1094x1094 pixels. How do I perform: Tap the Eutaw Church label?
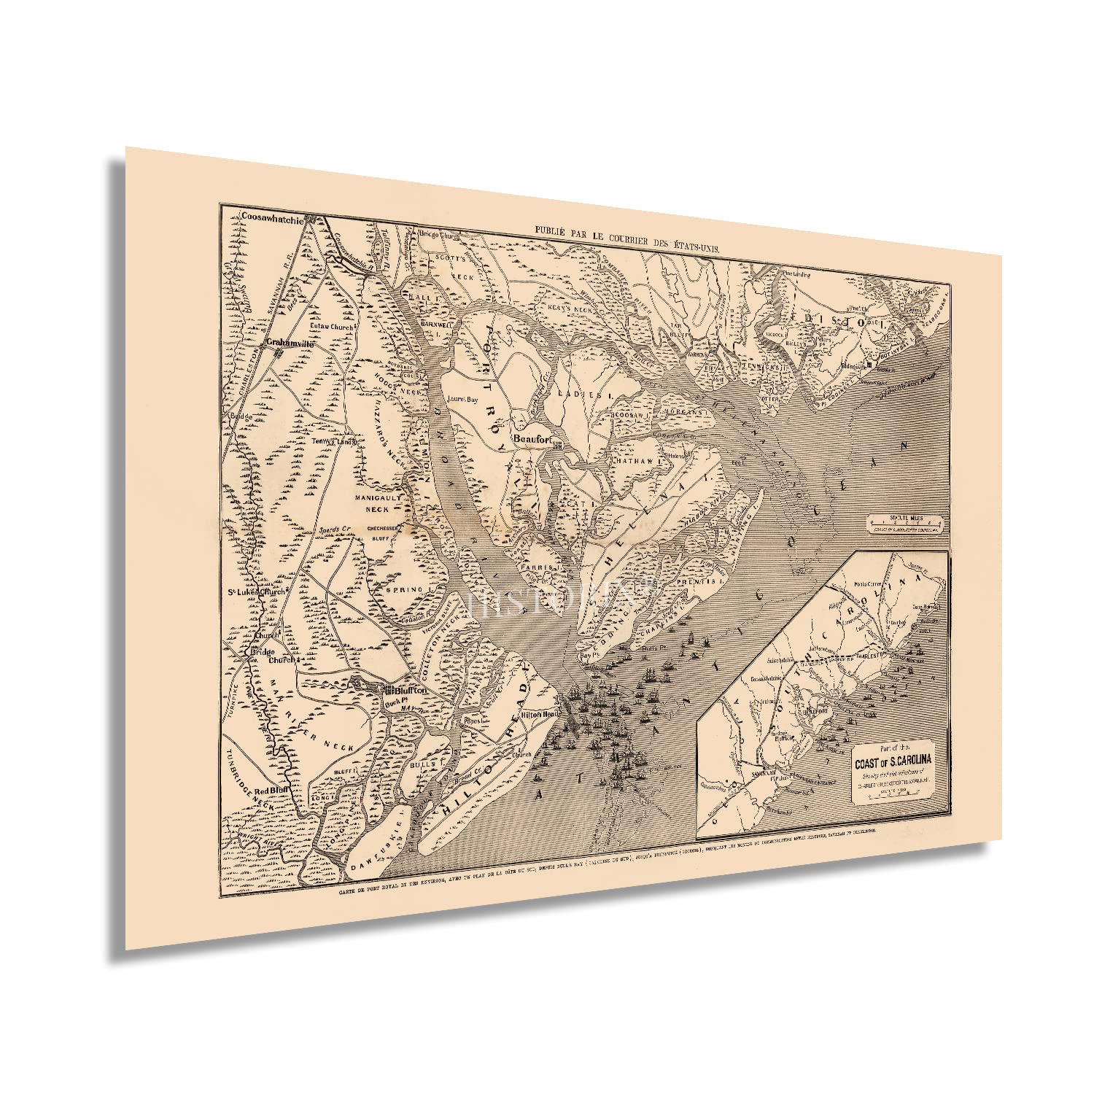pyautogui.click(x=332, y=327)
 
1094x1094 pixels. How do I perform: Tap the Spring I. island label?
pyautogui.click(x=411, y=589)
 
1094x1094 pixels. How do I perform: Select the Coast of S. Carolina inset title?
pyautogui.click(x=893, y=763)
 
